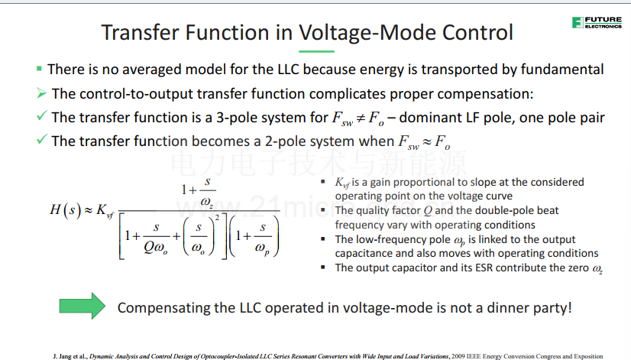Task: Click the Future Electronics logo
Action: pos(597,23)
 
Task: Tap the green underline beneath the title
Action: pos(316,51)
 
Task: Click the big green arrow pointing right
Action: pos(82,306)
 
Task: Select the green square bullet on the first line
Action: pos(39,69)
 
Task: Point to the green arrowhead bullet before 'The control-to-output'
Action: pos(41,93)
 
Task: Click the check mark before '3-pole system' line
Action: pos(41,116)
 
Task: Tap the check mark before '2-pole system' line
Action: pos(41,139)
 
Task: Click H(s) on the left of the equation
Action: pos(65,209)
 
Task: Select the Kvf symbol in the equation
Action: pos(105,211)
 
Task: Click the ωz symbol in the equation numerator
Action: pos(206,202)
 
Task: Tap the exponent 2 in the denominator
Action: pos(217,218)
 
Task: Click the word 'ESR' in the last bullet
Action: pos(484,268)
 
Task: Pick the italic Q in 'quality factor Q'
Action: pos(427,211)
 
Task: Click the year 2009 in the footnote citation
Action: pos(458,356)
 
